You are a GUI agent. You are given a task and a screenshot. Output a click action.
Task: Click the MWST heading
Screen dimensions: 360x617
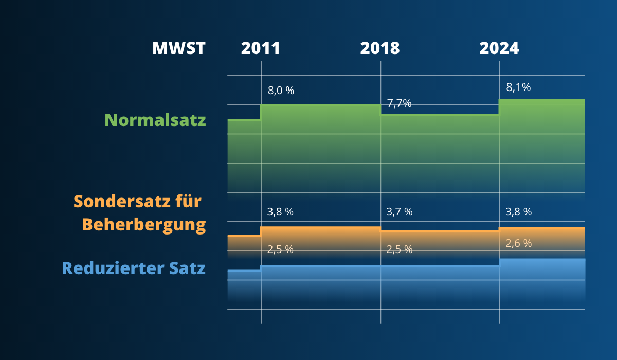click(179, 48)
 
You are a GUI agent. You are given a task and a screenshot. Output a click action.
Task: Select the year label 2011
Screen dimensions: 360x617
click(261, 48)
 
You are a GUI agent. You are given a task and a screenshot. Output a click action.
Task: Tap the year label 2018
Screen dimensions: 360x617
click(380, 48)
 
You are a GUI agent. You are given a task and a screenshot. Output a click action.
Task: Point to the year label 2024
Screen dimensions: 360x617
click(499, 48)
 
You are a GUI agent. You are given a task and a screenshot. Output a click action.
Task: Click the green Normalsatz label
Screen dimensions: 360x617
click(155, 120)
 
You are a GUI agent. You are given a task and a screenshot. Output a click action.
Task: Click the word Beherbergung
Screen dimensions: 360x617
click(144, 225)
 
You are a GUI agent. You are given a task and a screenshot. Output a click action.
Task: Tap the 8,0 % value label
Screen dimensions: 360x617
click(281, 91)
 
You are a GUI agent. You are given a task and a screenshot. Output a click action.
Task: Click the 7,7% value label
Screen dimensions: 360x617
click(400, 103)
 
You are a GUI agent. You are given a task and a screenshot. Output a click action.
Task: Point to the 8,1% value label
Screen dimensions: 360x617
click(518, 87)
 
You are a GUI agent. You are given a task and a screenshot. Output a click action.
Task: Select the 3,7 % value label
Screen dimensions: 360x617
click(400, 212)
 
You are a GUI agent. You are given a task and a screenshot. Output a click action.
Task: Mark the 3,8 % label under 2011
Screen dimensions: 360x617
click(280, 212)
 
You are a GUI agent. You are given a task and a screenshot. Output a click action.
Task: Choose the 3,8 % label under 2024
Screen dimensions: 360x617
click(519, 212)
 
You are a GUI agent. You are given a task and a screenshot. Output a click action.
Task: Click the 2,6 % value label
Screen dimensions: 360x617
click(519, 243)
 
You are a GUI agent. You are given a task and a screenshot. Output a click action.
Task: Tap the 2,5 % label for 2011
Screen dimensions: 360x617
click(280, 249)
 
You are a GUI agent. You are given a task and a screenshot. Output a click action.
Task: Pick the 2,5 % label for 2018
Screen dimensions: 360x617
click(400, 249)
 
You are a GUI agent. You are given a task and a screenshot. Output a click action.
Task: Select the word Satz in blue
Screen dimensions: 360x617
click(187, 268)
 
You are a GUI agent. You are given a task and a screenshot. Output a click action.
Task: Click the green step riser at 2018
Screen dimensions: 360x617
click(380, 110)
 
